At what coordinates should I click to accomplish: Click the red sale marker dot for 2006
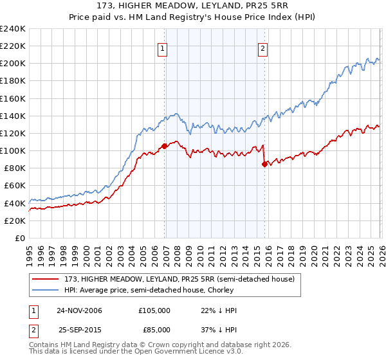coord(165,146)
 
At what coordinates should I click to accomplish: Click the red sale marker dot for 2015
coord(264,164)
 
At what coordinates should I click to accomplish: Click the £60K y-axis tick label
coord(14,186)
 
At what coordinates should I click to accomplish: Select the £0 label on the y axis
coord(19,238)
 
